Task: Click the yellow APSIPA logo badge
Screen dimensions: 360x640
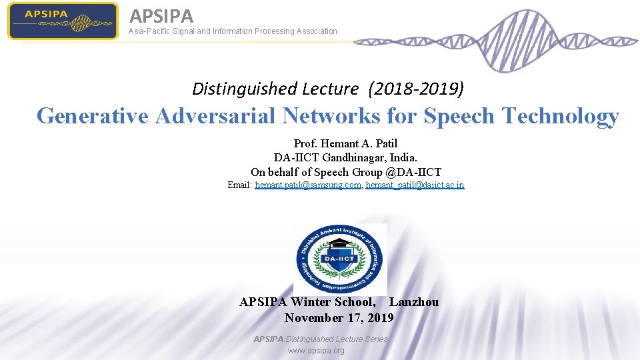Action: coord(63,21)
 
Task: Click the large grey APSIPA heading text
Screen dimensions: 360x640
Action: coord(161,15)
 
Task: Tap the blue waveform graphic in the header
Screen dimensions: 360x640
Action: coord(493,40)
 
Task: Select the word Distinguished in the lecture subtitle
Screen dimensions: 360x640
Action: coord(244,88)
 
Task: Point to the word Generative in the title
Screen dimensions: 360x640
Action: coord(93,116)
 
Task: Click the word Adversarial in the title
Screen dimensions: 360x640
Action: coord(215,116)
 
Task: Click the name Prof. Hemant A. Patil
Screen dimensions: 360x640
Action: coord(345,143)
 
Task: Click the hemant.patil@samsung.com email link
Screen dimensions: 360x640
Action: coord(308,185)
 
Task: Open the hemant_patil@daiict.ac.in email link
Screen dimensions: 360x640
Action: coord(415,185)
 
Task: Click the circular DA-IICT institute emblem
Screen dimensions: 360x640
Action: coord(340,259)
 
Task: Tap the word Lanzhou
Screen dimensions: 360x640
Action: coord(414,302)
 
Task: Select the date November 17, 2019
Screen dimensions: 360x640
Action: coord(339,318)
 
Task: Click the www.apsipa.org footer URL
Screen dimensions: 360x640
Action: coord(316,351)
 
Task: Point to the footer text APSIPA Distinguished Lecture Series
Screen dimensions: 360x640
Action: coord(320,339)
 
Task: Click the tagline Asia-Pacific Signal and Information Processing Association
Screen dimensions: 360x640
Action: coord(233,31)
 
